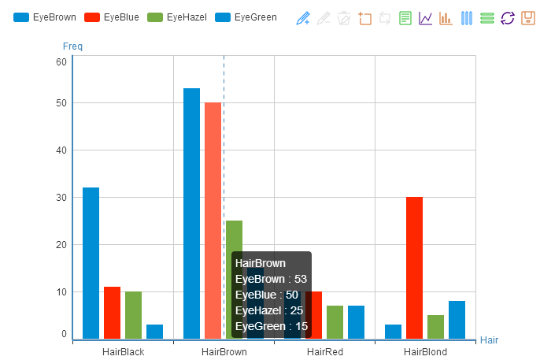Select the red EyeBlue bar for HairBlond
[414, 268]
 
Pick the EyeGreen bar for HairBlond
[457, 320]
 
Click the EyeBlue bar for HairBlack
[112, 313]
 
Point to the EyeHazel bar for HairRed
[335, 322]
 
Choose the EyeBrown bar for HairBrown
[191, 213]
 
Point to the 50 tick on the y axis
[61, 103]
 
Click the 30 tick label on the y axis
[61, 198]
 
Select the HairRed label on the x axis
[324, 351]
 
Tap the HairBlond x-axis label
[425, 351]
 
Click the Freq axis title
[72, 46]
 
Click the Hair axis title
[489, 340]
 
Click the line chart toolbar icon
[426, 18]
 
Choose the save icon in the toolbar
[528, 18]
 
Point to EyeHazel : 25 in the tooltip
[269, 310]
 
